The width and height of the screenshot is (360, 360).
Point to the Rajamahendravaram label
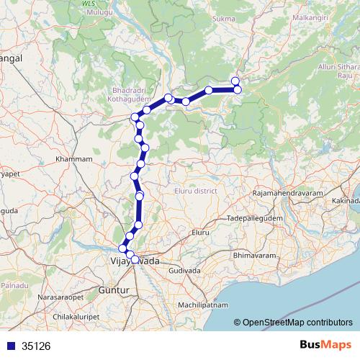coord(287,194)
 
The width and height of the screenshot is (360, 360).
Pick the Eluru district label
coord(196,191)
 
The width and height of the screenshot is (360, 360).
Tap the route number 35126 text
coord(36,346)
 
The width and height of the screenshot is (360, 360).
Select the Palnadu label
coord(14,286)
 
